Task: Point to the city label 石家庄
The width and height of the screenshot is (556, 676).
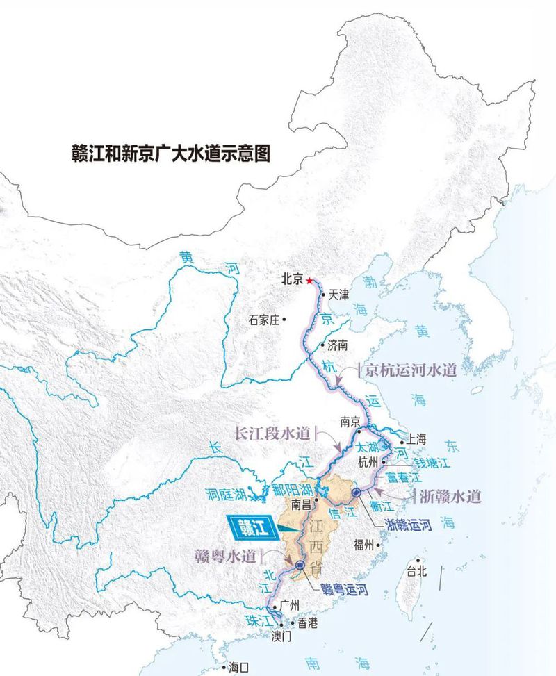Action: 263,320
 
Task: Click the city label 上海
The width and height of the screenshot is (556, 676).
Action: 416,439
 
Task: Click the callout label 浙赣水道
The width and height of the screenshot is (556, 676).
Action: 450,496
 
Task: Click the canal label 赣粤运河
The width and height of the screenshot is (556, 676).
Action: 344,590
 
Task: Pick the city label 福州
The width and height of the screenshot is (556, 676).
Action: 364,544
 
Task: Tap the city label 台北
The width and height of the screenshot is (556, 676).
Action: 415,572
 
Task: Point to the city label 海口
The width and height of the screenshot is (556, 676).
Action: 238,668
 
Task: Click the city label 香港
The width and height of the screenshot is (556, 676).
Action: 307,623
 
